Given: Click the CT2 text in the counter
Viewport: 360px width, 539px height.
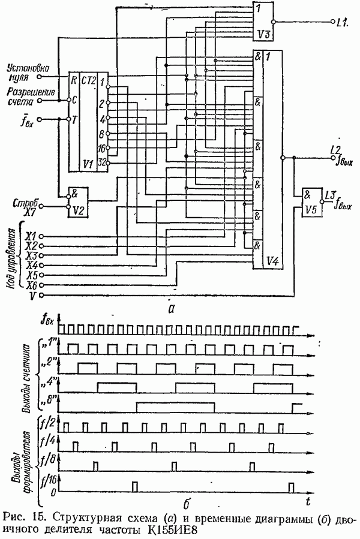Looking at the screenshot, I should point(90,79).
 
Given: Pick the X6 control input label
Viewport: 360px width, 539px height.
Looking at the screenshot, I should point(31,285).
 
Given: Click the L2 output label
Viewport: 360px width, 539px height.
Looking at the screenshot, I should point(335,149).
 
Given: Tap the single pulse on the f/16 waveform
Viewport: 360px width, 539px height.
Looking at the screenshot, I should point(135,484).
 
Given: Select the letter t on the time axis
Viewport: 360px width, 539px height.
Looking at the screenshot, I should point(306,499).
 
